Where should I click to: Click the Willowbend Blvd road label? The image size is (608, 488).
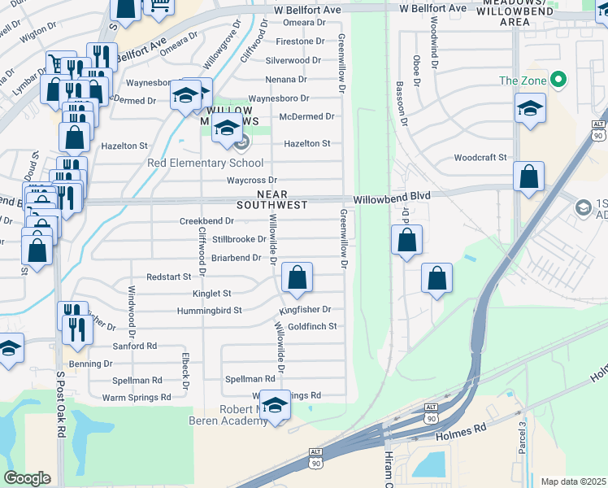(392, 196)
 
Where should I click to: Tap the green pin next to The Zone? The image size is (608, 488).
(558, 81)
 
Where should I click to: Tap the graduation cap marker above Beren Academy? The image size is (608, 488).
(275, 407)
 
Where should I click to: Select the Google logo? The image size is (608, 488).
(27, 478)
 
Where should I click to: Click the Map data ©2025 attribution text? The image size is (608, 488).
(573, 481)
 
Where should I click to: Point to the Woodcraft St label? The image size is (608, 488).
(480, 157)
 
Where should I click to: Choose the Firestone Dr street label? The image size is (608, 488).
(300, 41)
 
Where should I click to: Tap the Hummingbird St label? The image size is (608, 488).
(210, 311)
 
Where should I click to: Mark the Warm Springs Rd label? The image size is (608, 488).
(137, 398)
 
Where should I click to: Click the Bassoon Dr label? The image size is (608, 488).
(400, 97)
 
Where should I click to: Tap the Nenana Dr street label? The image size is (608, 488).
(286, 80)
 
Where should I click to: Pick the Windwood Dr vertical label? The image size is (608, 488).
(131, 316)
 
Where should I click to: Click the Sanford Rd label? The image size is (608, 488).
(135, 346)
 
